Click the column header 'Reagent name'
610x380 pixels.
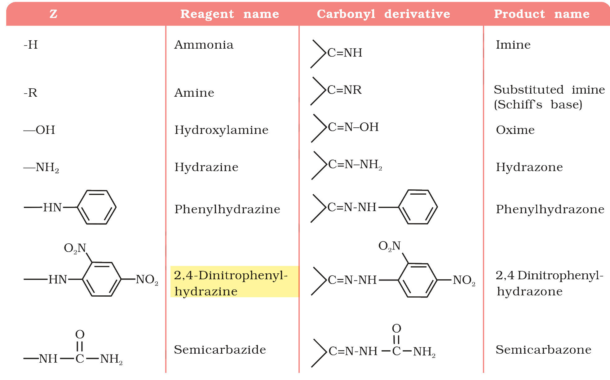pos(230,14)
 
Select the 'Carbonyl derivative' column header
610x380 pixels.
pos(383,14)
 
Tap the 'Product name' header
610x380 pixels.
pos(542,14)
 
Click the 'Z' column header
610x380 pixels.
pos(53,14)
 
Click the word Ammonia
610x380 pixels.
pos(204,45)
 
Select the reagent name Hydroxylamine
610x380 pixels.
pos(221,130)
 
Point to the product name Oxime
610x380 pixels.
pos(515,130)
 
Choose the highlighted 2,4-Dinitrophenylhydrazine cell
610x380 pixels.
pos(234,281)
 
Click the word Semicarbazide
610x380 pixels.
pos(220,350)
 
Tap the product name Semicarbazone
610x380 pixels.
pos(544,350)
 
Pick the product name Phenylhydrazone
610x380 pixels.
pos(550,209)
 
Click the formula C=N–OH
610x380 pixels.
pos(353,127)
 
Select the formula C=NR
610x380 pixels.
pos(344,90)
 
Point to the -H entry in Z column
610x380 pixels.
pos(31,45)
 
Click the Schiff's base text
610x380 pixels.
pos(538,104)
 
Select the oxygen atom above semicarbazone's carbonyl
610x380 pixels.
pos(396,328)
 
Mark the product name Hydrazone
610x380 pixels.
pos(529,167)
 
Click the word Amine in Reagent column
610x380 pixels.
pos(194,93)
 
